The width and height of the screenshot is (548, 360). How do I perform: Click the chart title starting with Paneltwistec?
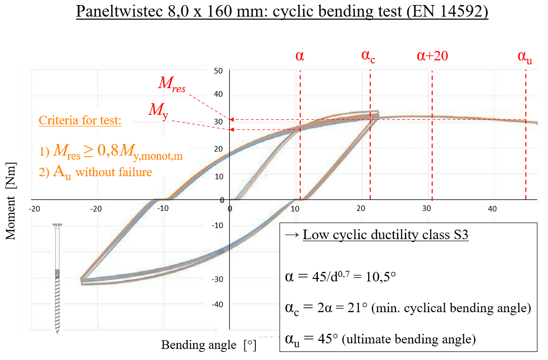tap(283, 12)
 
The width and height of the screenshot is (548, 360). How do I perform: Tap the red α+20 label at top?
tap(433, 55)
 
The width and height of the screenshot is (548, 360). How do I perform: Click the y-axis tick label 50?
tap(218, 71)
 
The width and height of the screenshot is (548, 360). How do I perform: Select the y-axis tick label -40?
tap(217, 305)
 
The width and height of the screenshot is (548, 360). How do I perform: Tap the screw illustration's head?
tap(58, 225)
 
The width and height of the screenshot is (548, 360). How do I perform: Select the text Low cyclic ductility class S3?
tap(386, 235)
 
